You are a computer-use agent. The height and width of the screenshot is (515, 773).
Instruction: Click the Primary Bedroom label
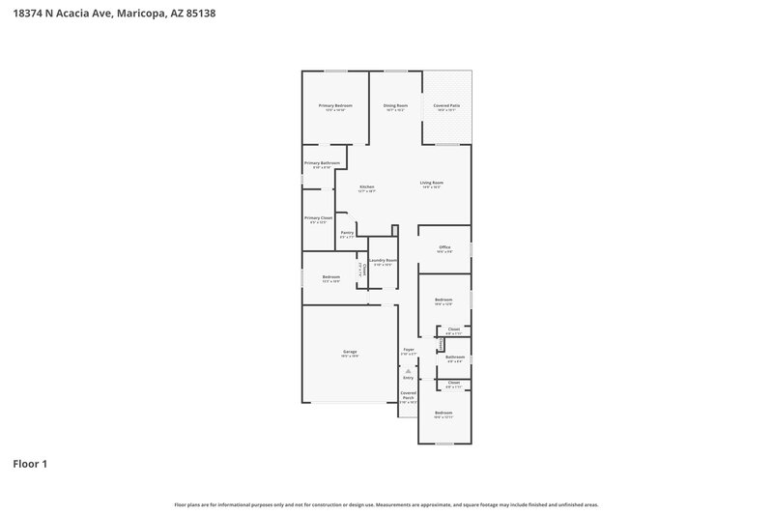coord(335,105)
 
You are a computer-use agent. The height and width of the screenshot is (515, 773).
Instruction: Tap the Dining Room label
coord(395,105)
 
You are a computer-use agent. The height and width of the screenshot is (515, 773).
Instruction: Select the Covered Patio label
coord(446,105)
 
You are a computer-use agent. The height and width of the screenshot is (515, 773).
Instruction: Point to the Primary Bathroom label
coord(322,163)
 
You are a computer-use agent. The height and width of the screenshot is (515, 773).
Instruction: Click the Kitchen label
coord(367,186)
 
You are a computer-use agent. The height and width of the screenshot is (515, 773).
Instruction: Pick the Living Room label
coord(431,184)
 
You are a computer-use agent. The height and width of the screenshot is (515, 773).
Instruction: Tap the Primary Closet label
coord(319,218)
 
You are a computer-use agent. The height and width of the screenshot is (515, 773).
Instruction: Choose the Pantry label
coord(346,233)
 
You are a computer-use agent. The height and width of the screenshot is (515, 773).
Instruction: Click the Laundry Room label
coord(383,260)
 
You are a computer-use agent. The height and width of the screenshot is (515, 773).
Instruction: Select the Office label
coord(444,247)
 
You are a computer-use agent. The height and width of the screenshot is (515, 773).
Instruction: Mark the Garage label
coord(350,352)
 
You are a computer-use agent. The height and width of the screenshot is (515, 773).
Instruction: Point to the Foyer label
coord(408,350)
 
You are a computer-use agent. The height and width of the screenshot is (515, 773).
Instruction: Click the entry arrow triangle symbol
coord(408,369)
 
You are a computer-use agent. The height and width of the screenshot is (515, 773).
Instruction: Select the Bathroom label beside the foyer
coord(454,358)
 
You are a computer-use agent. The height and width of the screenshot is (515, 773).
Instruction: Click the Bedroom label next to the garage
coord(331,277)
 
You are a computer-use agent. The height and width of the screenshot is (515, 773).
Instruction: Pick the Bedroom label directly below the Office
coord(444,300)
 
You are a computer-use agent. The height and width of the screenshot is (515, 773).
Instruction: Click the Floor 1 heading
coord(30,464)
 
